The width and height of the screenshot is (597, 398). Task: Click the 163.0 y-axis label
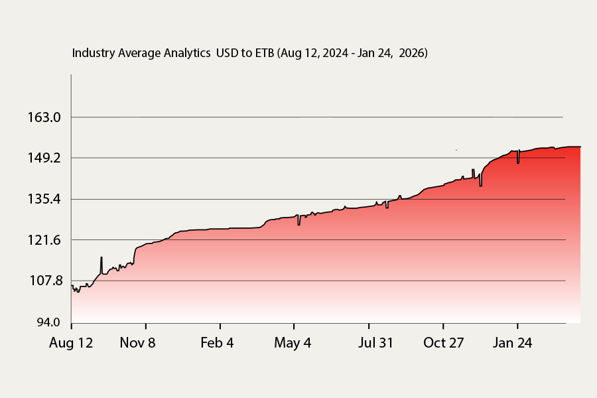point(44,117)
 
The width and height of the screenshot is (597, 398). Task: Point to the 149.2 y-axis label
point(44,158)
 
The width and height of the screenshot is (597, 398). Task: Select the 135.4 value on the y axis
point(44,199)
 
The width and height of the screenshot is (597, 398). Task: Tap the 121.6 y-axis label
point(44,240)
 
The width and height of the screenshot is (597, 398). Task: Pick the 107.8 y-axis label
point(46,281)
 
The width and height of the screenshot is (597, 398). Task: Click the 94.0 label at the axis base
point(48,322)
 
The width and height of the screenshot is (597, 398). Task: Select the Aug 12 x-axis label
point(71,343)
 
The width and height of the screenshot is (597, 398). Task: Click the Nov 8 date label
point(137,343)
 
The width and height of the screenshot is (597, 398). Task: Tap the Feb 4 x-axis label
point(217,343)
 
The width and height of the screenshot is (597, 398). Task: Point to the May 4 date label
point(293,343)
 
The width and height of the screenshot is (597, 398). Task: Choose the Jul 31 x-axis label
point(375,343)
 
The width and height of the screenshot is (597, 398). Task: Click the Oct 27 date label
point(444,343)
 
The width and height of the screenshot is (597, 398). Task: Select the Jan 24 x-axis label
point(512,343)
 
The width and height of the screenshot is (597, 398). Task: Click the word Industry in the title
point(94,53)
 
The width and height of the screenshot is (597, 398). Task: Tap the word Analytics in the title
point(187,53)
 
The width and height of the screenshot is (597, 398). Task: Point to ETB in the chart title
point(265,53)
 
